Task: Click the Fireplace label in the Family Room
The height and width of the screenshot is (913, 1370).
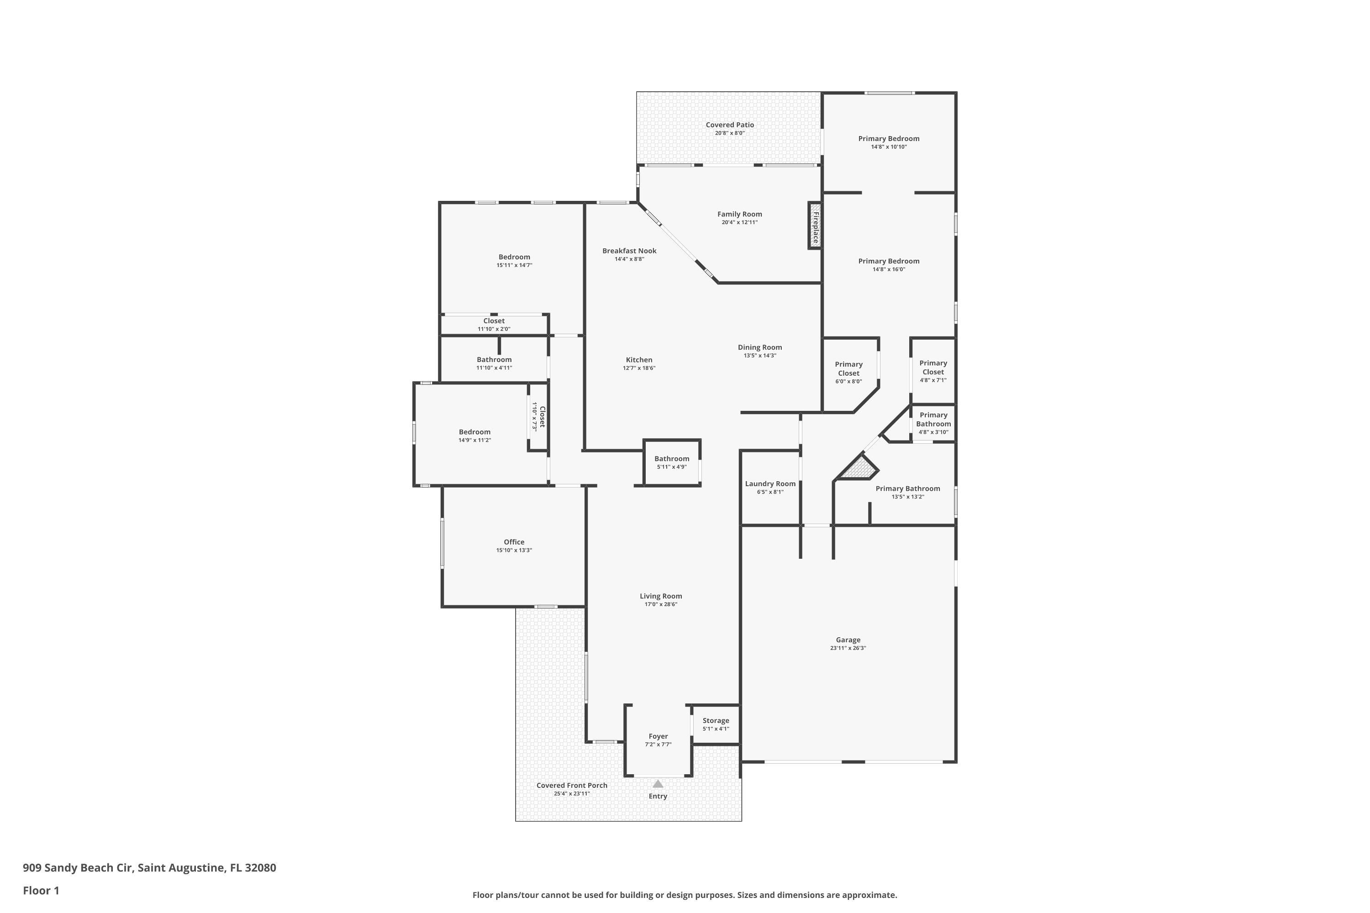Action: pyautogui.click(x=816, y=228)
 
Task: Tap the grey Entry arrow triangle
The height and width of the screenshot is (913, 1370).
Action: pyautogui.click(x=658, y=784)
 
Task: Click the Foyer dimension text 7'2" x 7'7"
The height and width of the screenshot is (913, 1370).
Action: pyautogui.click(x=658, y=745)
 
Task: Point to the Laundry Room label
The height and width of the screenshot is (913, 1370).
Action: pyautogui.click(x=770, y=484)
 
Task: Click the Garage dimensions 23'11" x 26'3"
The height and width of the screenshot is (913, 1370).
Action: pyautogui.click(x=848, y=648)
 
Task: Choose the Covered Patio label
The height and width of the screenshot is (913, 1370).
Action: pyautogui.click(x=729, y=125)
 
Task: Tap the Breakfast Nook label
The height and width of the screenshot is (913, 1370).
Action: pyautogui.click(x=629, y=251)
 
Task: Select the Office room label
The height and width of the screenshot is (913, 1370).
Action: pyautogui.click(x=514, y=542)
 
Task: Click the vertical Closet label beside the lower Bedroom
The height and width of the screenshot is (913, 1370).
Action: pyautogui.click(x=542, y=417)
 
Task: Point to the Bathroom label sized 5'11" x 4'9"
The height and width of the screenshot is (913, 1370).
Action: pyautogui.click(x=672, y=459)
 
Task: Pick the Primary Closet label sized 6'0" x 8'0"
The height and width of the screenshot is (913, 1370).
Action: pyautogui.click(x=848, y=368)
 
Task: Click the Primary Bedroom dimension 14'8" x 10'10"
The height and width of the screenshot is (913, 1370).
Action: pyautogui.click(x=889, y=147)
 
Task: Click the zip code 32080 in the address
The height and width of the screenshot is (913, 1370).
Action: pyautogui.click(x=260, y=868)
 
